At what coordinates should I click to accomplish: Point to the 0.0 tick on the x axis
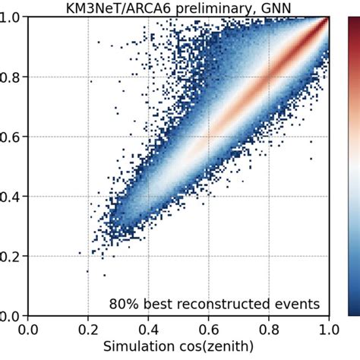point(28,331)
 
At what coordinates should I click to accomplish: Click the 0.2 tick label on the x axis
point(88,331)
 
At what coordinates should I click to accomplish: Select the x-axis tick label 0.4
point(148,331)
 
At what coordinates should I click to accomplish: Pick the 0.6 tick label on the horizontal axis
point(209,331)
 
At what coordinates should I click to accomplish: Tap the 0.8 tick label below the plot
point(269,331)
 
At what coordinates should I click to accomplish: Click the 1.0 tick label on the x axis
point(328,331)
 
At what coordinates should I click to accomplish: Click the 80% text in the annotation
point(125,305)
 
